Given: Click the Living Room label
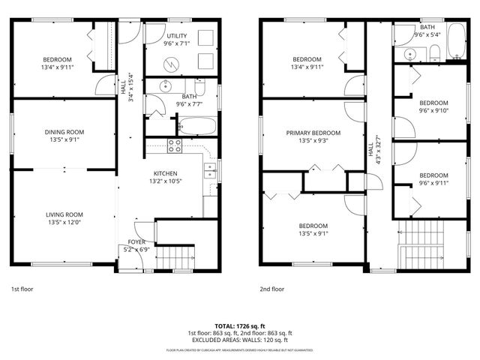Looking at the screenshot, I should tap(64, 214).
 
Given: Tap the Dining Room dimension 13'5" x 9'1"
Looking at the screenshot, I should tap(64, 139).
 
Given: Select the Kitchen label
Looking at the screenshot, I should tap(165, 173).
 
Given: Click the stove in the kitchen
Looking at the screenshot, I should tap(175, 145).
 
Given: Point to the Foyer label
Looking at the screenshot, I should tap(136, 241).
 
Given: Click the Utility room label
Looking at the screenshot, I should tap(177, 35).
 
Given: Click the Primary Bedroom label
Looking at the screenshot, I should tap(313, 133).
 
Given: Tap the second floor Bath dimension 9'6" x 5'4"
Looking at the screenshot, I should tap(426, 34).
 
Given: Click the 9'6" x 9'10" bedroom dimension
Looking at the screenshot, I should tap(433, 111).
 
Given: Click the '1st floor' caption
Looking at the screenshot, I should tap(22, 288).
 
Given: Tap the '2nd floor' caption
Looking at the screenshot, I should tap(272, 288).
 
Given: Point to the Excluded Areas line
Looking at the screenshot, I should tap(239, 339).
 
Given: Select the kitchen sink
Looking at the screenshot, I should tap(211, 170).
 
